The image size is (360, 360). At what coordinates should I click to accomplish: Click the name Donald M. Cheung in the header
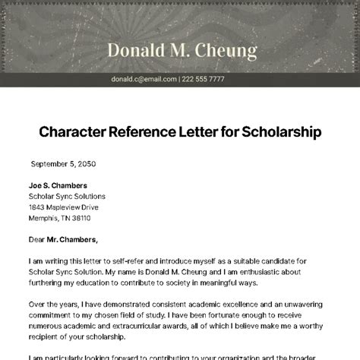(182, 51)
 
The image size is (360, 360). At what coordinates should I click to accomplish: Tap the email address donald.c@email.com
(144, 78)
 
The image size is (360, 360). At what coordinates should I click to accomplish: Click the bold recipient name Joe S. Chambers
(57, 185)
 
